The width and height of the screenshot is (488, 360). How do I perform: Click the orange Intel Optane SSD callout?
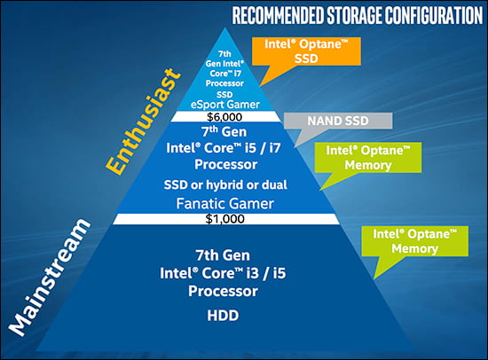tap(306, 51)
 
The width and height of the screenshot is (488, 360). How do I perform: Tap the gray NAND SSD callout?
tap(338, 121)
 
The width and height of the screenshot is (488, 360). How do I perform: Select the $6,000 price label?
tap(224, 117)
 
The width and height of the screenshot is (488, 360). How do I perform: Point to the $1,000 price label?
tap(225, 219)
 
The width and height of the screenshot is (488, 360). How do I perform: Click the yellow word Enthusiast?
tap(143, 121)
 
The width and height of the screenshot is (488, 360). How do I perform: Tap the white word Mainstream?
tap(49, 278)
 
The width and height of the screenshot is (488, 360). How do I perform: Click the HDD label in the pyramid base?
tap(223, 316)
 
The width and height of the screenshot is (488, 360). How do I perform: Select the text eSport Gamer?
tap(225, 105)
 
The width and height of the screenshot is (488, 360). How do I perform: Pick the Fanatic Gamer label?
tap(225, 204)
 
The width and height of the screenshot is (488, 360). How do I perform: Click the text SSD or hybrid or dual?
tap(225, 184)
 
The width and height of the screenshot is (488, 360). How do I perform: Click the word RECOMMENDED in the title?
tap(279, 16)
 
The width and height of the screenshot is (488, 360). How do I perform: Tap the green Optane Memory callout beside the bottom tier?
tap(415, 241)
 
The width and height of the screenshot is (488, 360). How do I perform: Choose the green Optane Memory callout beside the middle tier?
tap(368, 158)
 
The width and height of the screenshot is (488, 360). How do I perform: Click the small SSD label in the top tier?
tap(224, 95)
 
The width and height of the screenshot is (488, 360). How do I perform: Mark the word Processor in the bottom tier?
tap(223, 291)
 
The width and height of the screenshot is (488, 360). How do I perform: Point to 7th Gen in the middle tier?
tap(224, 132)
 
